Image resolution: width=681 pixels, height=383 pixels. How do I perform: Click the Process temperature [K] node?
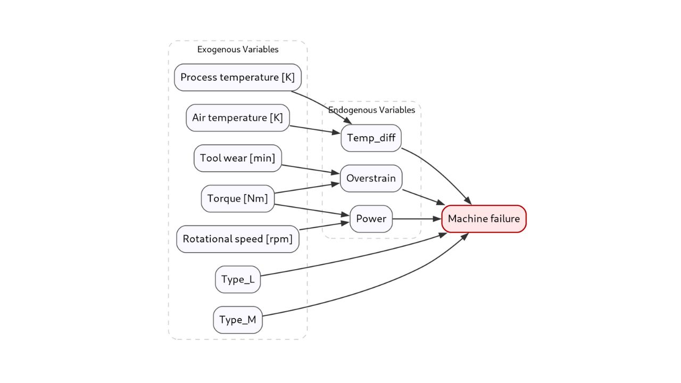(238, 77)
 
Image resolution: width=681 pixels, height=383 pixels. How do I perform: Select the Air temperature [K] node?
(238, 118)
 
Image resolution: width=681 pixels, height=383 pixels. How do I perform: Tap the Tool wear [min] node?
(238, 158)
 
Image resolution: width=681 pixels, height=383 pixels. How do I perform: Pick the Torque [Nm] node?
(238, 198)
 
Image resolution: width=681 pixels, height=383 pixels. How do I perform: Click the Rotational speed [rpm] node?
(238, 239)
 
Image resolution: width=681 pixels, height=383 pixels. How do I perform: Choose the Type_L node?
(238, 279)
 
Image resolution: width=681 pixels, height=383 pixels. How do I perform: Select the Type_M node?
(238, 320)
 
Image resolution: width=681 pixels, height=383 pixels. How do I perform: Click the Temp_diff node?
(371, 138)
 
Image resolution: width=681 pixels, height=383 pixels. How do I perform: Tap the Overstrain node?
(371, 178)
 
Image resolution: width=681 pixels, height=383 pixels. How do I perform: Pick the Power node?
(371, 219)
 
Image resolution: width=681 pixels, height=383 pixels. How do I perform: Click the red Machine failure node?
(484, 219)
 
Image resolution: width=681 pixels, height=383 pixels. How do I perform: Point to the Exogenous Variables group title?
(238, 49)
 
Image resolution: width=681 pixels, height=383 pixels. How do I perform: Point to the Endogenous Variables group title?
(371, 110)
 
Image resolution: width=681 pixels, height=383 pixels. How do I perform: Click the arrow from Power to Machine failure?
(417, 219)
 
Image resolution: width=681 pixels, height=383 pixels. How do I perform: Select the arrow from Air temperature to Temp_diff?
(315, 130)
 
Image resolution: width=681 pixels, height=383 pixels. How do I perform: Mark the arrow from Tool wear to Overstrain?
(311, 169)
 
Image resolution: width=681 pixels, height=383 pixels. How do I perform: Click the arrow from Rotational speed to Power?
(325, 226)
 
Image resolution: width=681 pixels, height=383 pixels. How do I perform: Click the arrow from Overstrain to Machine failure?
(423, 197)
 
